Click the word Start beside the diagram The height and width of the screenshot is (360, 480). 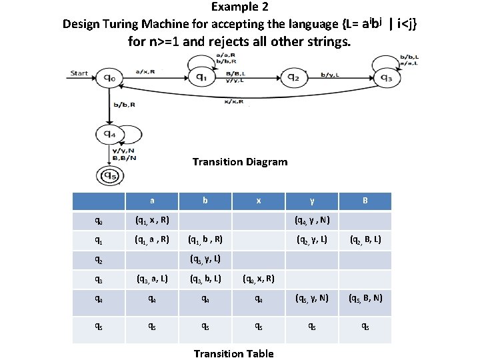coord(79,73)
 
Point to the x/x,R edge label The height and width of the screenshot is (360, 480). coord(233,102)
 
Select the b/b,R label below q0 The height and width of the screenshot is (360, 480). coord(124,105)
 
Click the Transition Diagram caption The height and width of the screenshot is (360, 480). coord(240,162)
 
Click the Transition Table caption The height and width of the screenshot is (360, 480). coord(233,353)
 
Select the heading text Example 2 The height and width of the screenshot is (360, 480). coord(240,7)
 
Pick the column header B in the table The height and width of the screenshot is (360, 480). coord(364,201)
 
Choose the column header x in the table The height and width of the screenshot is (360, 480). coord(258,201)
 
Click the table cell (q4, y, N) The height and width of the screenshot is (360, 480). coord(313,221)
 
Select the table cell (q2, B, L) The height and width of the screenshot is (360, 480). coord(364,239)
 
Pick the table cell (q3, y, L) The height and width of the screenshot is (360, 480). coord(205,259)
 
